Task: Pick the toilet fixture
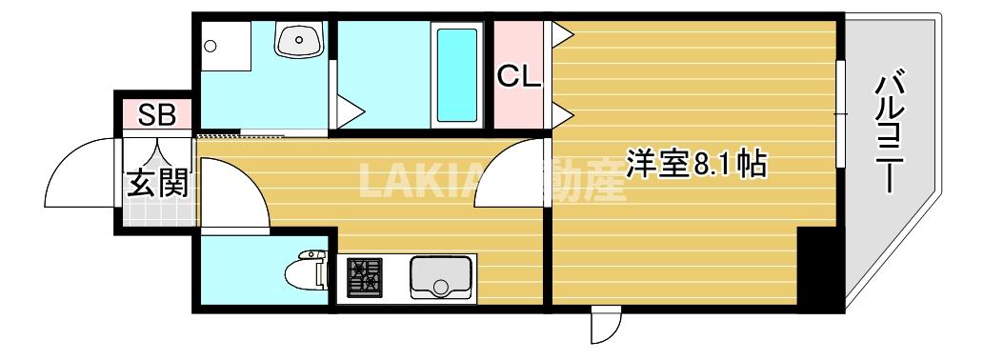pyautogui.click(x=307, y=271)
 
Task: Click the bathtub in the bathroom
pyautogui.click(x=456, y=76)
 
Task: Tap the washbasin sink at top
pyautogui.click(x=299, y=40)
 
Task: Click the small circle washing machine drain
pyautogui.click(x=211, y=45)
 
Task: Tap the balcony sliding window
pyautogui.click(x=840, y=114)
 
